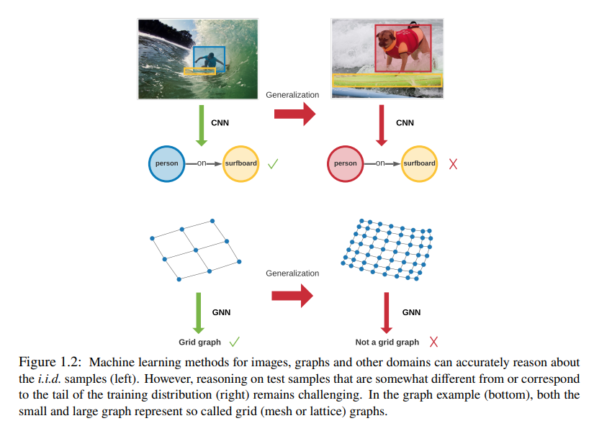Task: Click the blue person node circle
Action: (167, 163)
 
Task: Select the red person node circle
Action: (346, 163)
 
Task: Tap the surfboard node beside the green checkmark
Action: (240, 163)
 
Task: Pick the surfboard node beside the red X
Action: (419, 163)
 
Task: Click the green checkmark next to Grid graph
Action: (234, 342)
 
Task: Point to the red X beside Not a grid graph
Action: (434, 342)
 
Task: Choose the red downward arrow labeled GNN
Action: (387, 312)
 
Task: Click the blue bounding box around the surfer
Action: (210, 60)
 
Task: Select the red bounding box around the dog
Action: (402, 48)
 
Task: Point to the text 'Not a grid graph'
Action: (387, 343)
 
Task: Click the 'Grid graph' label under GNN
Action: (200, 343)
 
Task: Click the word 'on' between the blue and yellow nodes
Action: (202, 163)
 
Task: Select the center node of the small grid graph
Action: (195, 250)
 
